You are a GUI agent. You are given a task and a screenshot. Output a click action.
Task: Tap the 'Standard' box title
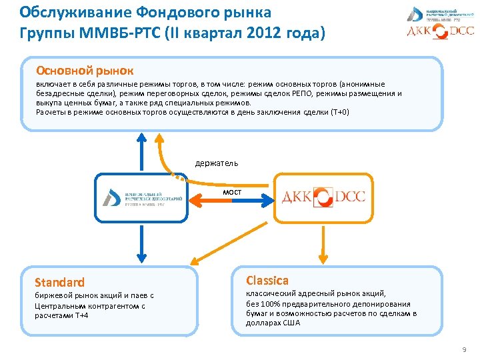[x=60, y=282]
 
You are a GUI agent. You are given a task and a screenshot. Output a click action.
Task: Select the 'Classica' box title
[x=267, y=280]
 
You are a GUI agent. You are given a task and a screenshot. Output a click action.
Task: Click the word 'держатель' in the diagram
[x=217, y=163]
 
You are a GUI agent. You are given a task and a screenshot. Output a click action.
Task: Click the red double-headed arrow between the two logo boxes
[x=231, y=199]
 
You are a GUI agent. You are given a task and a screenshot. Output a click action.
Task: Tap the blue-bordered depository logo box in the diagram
[x=141, y=197]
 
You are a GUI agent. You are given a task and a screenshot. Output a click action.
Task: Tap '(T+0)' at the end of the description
[x=339, y=112]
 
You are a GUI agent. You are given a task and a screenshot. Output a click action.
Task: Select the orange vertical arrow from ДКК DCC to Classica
[x=325, y=243]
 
